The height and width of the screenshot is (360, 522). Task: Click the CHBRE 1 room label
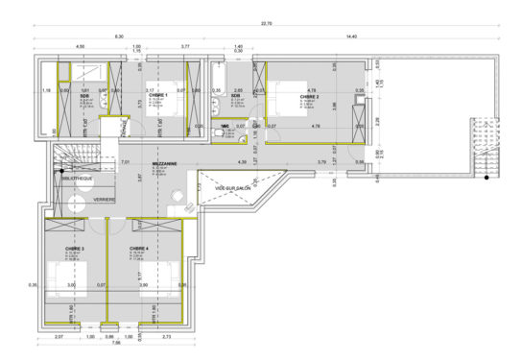tap(159, 96)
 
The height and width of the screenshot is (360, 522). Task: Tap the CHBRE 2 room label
tap(309, 97)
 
